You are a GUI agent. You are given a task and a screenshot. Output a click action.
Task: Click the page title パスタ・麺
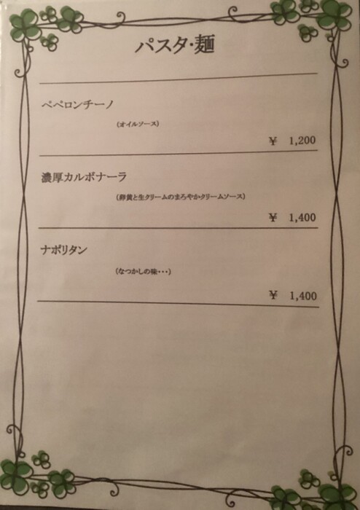(175, 45)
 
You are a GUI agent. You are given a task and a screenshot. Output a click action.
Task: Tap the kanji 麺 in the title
(204, 44)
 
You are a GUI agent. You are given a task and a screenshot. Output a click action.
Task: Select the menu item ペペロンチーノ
(78, 105)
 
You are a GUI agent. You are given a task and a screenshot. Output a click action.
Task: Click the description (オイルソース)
(138, 124)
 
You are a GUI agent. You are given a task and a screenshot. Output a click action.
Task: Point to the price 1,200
(302, 141)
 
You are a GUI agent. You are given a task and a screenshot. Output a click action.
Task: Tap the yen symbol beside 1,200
(273, 141)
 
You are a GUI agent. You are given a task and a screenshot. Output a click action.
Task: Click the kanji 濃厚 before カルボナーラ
(52, 177)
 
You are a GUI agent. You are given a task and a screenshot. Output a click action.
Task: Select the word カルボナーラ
(95, 177)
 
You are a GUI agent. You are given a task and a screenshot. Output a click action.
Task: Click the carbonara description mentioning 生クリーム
(181, 197)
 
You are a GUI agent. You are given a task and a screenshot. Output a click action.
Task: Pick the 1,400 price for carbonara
(302, 217)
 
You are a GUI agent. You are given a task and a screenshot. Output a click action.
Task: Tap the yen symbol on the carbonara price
(273, 217)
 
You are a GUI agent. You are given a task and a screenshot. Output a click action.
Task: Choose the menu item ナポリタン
(63, 250)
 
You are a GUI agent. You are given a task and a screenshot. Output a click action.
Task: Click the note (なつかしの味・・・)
(143, 271)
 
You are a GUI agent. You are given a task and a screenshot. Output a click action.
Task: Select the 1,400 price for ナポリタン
(303, 296)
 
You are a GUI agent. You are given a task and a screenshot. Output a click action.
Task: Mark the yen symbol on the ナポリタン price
(273, 295)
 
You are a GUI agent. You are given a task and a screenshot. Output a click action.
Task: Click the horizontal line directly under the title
(179, 79)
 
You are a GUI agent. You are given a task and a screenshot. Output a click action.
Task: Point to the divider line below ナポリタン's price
(178, 304)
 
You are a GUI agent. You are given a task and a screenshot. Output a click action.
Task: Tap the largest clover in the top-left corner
(26, 24)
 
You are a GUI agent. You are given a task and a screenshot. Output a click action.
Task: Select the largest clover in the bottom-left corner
(15, 474)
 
